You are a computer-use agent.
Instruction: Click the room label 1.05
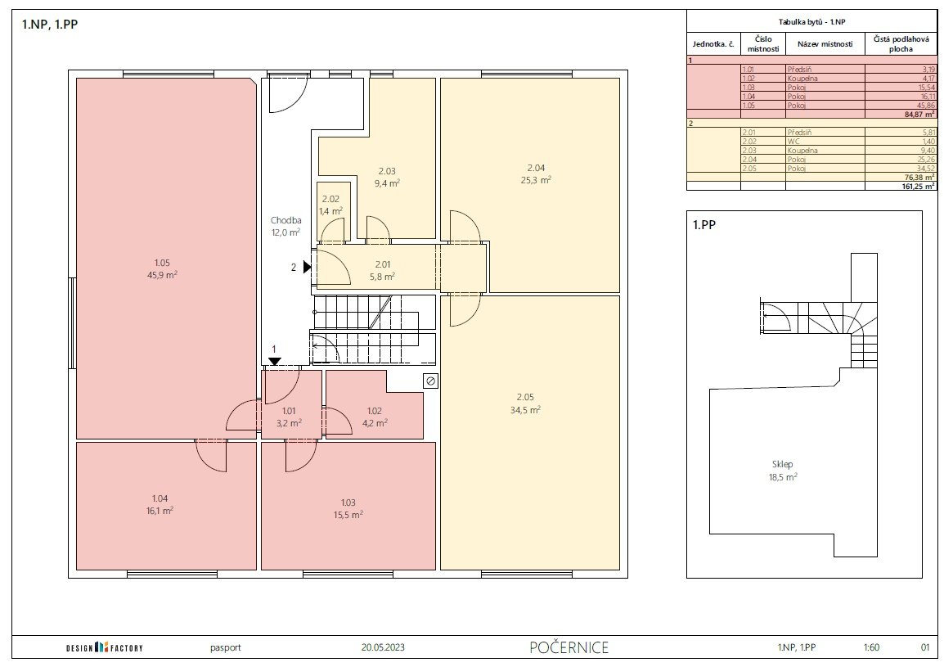coord(162,263)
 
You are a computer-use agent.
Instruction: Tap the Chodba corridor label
coord(286,220)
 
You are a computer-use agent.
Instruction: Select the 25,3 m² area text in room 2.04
coord(536,179)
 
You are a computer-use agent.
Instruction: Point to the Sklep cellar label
coord(783,465)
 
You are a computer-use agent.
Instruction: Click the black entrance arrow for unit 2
coord(307,266)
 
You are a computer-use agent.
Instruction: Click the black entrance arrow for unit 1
coord(275,362)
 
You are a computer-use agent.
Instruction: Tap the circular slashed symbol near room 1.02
coord(430,381)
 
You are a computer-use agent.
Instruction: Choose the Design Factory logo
coord(105,647)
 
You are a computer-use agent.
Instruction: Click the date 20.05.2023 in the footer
coord(383,647)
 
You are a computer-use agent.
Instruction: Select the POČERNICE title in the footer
coord(569,647)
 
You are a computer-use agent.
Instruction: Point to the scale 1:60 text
coord(871,647)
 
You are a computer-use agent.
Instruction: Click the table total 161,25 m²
coord(919,187)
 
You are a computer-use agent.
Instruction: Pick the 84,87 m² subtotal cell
coord(920,114)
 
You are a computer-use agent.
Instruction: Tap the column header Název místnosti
coord(825,44)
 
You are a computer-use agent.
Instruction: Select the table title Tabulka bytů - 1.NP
coord(811,22)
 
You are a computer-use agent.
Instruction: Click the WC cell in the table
coord(793,142)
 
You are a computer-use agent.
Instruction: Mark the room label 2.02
coord(330,200)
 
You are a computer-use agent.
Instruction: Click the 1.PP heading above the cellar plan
coord(704,225)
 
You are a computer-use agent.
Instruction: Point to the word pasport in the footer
coord(226,648)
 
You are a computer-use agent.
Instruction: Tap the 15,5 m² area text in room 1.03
coord(348,515)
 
